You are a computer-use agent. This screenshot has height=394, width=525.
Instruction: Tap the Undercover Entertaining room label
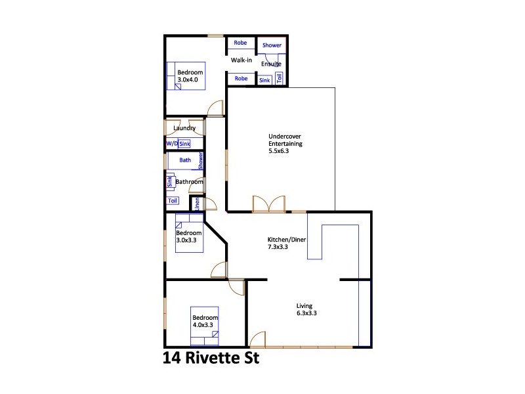click(x=285, y=144)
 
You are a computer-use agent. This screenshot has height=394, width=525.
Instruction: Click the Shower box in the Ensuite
click(x=272, y=45)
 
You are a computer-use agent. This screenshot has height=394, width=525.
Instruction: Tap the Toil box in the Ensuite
click(x=280, y=78)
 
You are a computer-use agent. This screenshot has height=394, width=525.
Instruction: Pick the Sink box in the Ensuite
click(x=264, y=80)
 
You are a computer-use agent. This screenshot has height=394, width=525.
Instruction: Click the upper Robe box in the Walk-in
click(x=241, y=43)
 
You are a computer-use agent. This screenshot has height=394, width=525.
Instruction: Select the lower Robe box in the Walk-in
click(x=241, y=79)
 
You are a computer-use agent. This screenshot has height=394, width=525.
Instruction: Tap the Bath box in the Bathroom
click(x=185, y=160)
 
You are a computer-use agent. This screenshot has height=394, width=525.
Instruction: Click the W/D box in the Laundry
click(x=171, y=143)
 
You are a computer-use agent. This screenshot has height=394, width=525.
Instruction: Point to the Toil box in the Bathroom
click(x=173, y=201)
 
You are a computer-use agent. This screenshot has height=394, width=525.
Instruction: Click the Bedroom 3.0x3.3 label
click(x=189, y=236)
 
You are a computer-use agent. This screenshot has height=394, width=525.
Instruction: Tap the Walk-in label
click(x=241, y=60)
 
